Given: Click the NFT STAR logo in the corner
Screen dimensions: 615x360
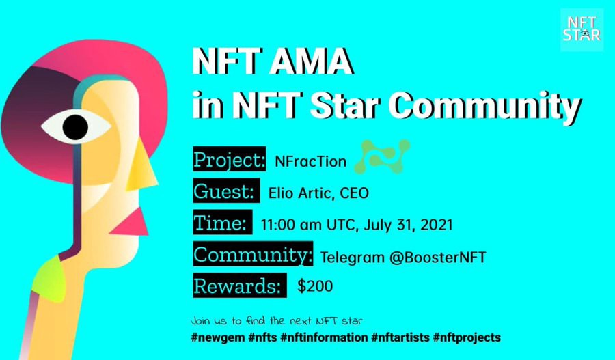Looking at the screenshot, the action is point(582,30).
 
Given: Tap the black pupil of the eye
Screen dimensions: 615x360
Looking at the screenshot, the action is point(75,127).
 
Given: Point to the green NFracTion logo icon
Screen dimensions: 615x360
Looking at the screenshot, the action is point(382,156).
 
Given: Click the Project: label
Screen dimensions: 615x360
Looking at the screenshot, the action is point(230,158).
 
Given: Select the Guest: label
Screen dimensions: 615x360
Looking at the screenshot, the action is point(226,191).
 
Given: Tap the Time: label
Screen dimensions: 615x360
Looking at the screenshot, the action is point(222,222).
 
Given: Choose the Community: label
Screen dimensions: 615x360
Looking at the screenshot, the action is point(253,253).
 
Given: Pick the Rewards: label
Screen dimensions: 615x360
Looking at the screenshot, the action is point(240,285).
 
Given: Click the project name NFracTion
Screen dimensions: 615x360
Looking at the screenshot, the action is point(311,161).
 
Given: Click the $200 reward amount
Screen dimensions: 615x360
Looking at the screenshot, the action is point(315,286).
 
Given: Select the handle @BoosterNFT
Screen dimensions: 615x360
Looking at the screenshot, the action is point(438,258).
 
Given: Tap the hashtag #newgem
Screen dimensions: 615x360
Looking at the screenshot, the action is point(219,337).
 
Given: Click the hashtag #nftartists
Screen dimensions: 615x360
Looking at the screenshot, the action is point(400,337).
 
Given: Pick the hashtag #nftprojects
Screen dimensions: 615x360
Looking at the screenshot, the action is point(467,337).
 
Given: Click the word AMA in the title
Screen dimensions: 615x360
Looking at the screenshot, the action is point(311,61).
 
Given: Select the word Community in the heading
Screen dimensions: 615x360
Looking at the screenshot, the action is point(487,105).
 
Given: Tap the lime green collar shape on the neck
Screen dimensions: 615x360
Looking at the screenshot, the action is point(50,278).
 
